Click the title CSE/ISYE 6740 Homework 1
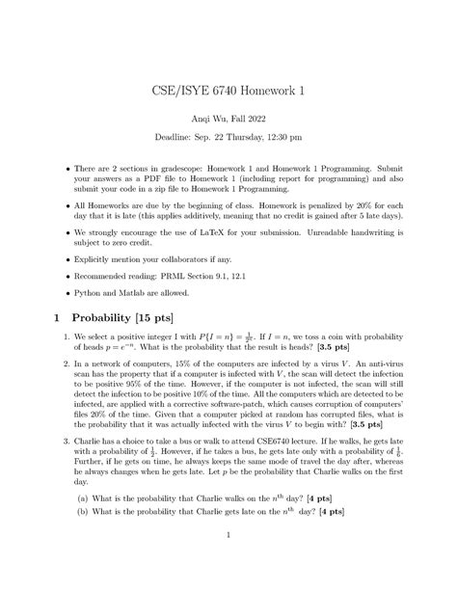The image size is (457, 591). pyautogui.click(x=228, y=89)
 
